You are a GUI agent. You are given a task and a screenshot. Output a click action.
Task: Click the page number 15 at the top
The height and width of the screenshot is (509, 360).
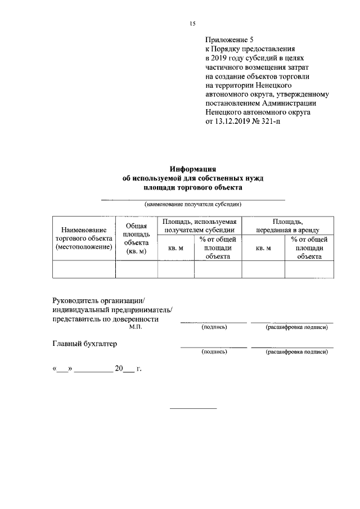[192, 23]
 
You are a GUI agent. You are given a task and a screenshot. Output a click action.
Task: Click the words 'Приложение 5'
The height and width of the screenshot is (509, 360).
[230, 40]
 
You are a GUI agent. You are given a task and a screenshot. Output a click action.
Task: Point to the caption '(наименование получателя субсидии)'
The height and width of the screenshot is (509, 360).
[192, 204]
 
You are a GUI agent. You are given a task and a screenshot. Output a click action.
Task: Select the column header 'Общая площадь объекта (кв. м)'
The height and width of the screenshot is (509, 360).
[136, 238]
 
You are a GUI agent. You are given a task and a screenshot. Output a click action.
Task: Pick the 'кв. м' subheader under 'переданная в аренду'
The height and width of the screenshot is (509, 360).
[263, 247]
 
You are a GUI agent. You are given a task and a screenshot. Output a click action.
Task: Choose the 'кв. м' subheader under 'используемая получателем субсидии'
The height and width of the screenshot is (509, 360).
[176, 247]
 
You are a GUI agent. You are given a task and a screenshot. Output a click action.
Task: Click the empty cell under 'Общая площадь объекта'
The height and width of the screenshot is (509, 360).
[136, 270]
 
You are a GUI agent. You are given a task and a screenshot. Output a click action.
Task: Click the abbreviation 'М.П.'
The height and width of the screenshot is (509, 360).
[136, 327]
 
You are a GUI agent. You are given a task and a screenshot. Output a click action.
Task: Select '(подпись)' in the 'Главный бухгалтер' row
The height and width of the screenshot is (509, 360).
[214, 352]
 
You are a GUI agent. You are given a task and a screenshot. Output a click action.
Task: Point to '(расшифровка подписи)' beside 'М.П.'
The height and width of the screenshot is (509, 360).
[296, 327]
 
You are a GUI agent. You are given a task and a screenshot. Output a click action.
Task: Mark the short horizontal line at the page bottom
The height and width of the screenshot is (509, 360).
[193, 407]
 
